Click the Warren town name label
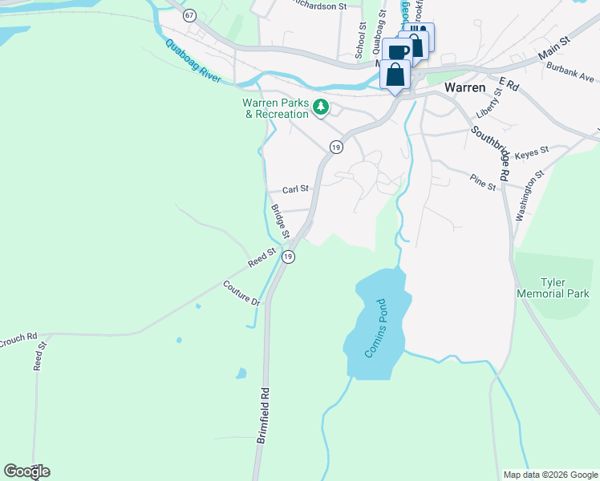point(467,86)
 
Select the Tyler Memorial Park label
point(565,288)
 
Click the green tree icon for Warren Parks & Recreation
point(321,107)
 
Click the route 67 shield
point(189,15)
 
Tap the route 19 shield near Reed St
point(289,257)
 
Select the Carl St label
point(296,190)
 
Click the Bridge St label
point(279,221)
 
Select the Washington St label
point(530,195)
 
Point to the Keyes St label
point(531,151)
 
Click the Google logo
point(26,471)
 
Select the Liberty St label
point(489,103)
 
